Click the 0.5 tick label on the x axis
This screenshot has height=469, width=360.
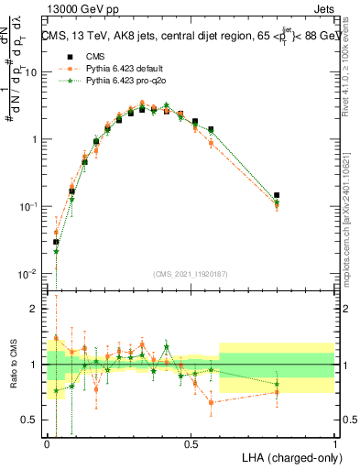click(x=191, y=442)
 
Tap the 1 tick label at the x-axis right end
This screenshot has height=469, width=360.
click(x=334, y=442)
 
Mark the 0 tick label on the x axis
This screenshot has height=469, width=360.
click(x=48, y=442)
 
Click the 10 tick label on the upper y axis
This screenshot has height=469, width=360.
click(x=30, y=72)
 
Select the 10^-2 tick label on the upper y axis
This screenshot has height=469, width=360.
click(x=27, y=274)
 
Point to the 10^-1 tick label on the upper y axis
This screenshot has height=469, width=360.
click(x=27, y=206)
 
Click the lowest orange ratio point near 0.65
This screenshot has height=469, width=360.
click(x=212, y=402)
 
